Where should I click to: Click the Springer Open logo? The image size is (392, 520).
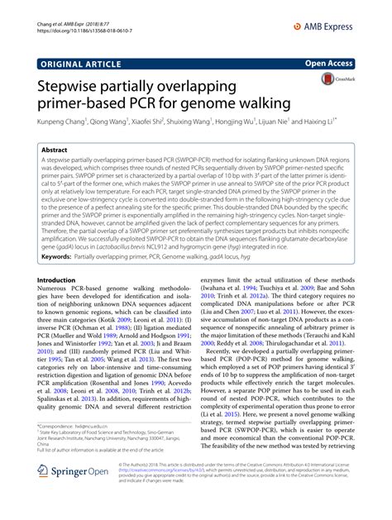pyautogui.click(x=74, y=494)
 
